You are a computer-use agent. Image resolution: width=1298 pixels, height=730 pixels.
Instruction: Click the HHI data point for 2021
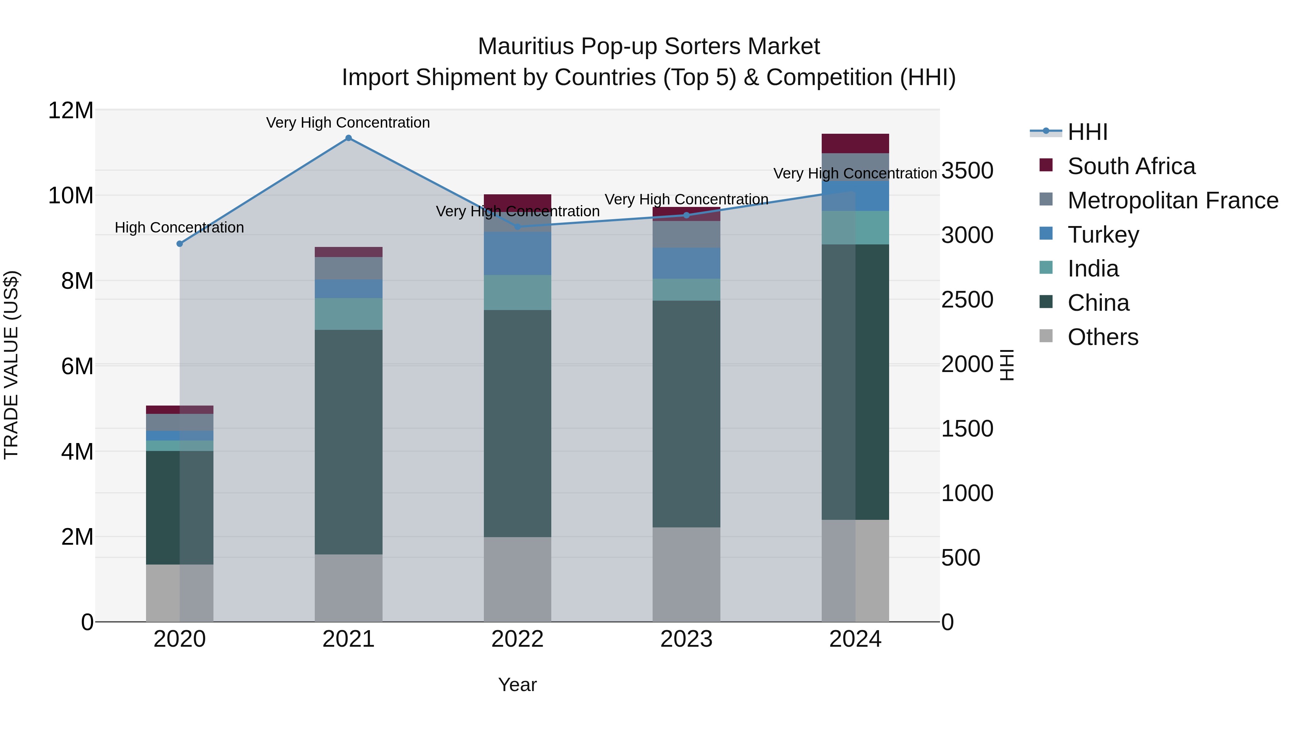348,138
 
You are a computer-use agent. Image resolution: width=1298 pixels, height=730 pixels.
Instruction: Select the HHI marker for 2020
180,244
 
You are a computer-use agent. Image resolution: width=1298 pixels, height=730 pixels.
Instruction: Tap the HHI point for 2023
686,216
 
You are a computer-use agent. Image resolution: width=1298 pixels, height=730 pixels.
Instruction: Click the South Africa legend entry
1131,166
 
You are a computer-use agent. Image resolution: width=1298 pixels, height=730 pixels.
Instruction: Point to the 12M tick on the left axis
71,110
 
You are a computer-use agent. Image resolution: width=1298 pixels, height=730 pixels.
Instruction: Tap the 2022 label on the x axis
517,639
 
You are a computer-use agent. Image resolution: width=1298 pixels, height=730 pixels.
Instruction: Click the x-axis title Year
517,685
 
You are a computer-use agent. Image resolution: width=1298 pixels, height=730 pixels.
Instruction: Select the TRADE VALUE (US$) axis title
11,365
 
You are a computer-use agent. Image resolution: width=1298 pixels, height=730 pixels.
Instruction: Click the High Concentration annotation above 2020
180,228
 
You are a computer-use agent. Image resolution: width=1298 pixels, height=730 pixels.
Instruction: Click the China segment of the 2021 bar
348,442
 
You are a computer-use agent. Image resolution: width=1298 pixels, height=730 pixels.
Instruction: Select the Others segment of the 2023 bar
686,574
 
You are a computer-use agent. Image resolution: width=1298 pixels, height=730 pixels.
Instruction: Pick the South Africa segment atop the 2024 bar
855,143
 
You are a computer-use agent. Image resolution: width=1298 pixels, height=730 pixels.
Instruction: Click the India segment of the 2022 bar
517,293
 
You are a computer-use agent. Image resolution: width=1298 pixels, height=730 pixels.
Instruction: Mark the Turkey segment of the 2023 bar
686,264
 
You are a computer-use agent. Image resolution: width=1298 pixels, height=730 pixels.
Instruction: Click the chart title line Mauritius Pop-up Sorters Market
649,47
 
